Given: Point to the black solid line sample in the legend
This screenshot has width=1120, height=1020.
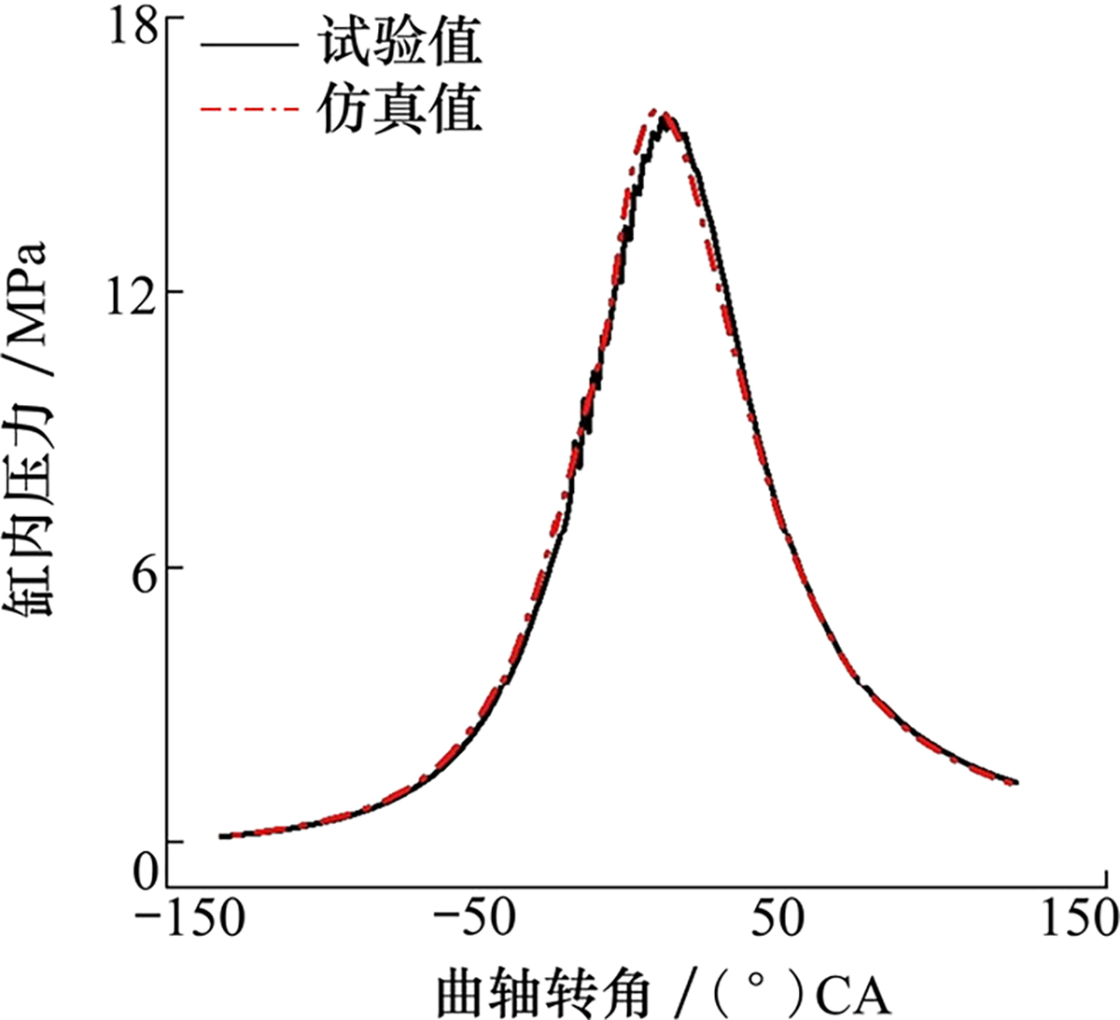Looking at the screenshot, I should coord(249,44).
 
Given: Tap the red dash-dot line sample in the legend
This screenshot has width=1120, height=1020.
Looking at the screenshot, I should coord(249,110).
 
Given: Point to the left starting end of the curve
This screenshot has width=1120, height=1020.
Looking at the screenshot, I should coord(222,836).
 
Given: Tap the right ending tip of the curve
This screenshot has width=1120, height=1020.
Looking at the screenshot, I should coord(1015,781).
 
